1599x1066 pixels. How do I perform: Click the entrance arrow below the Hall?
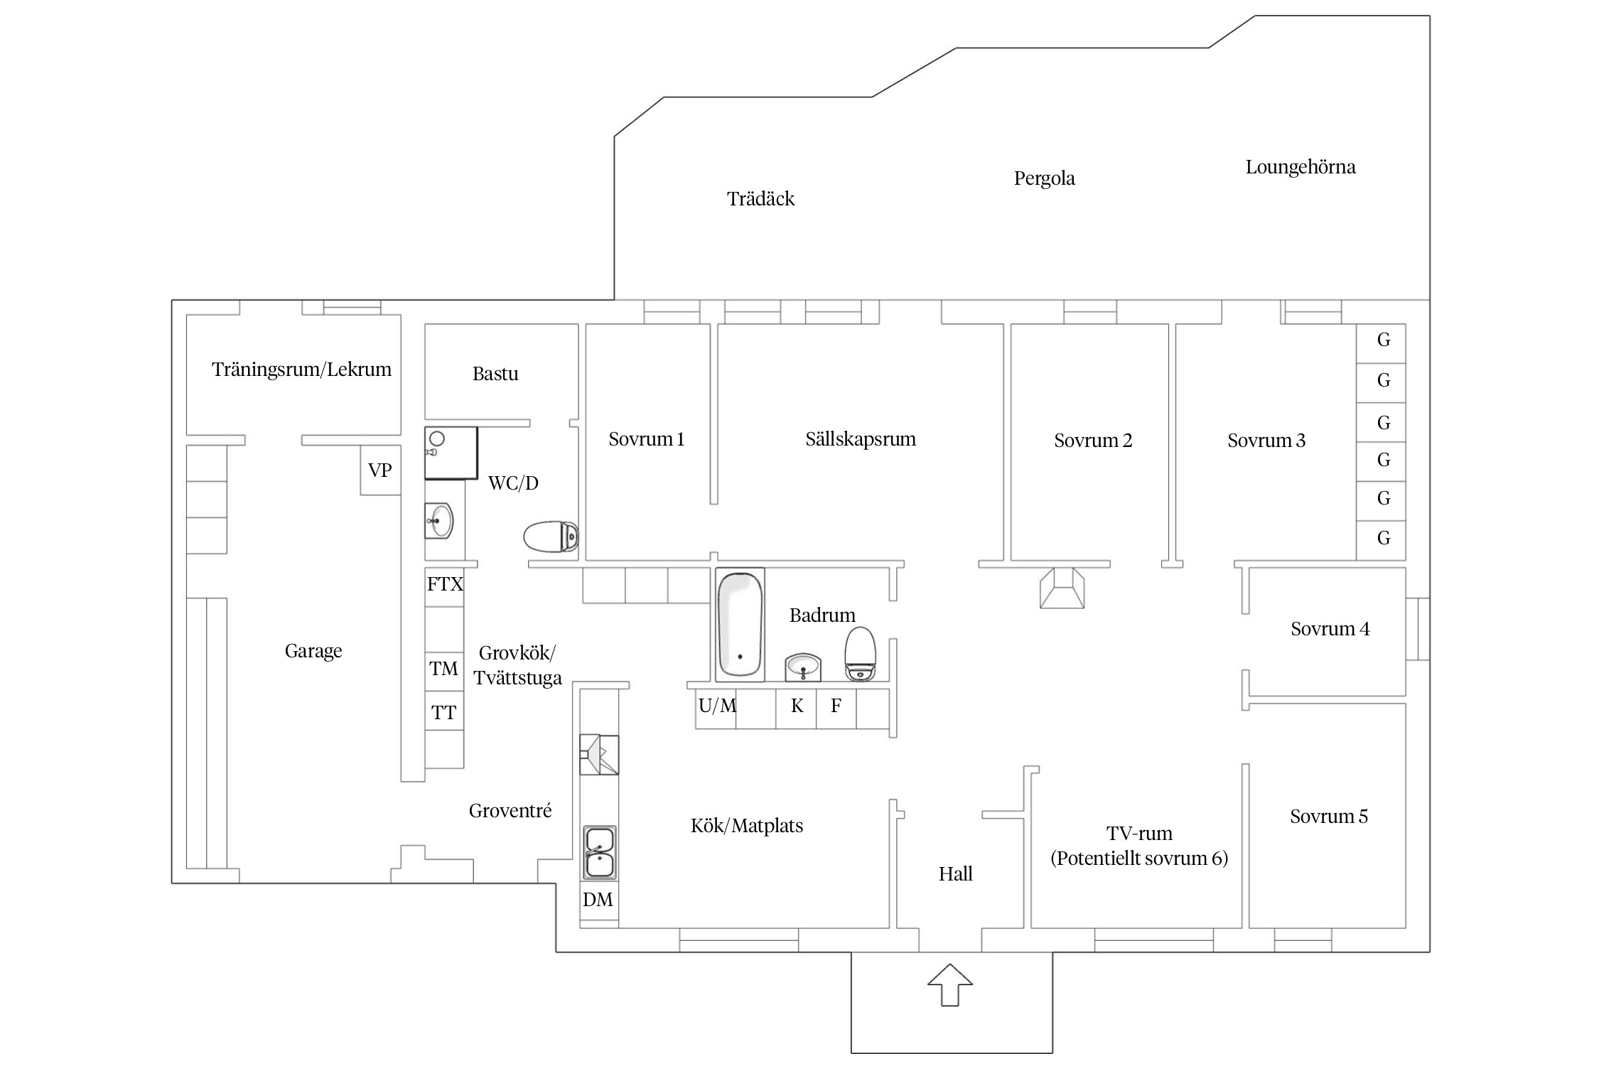pyautogui.click(x=950, y=984)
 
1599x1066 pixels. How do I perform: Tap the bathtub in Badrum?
pyautogui.click(x=740, y=625)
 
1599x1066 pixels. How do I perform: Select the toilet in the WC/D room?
pyautogui.click(x=551, y=537)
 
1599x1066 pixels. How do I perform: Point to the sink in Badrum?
pyautogui.click(x=803, y=667)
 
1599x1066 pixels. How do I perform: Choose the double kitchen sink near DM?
pyautogui.click(x=600, y=853)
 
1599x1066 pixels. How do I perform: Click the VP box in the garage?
pyautogui.click(x=380, y=470)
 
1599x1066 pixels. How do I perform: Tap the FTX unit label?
pyautogui.click(x=445, y=584)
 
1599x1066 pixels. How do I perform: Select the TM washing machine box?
pyautogui.click(x=444, y=672)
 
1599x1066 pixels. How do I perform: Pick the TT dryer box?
pyautogui.click(x=444, y=711)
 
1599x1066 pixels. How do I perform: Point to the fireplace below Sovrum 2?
pyautogui.click(x=1062, y=588)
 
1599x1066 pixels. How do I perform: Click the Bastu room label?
pyautogui.click(x=495, y=374)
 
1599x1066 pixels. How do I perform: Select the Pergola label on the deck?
pyautogui.click(x=1044, y=178)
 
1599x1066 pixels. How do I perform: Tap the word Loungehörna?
pyautogui.click(x=1301, y=167)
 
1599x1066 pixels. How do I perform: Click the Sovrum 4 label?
pyautogui.click(x=1330, y=629)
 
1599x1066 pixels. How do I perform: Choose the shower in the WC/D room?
pyautogui.click(x=451, y=453)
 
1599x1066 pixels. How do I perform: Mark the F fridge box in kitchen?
pyautogui.click(x=836, y=709)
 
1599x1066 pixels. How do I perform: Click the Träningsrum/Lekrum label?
pyautogui.click(x=301, y=370)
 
